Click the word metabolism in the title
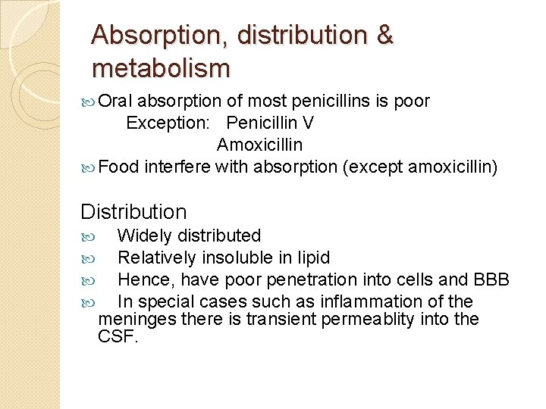(x=160, y=68)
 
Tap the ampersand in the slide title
(x=383, y=35)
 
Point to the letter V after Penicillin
(x=308, y=123)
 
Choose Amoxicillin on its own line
(x=259, y=144)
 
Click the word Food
(x=119, y=166)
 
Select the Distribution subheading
(x=133, y=212)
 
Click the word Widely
(x=143, y=236)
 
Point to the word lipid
(x=312, y=258)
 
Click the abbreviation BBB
(x=490, y=279)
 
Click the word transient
(x=282, y=319)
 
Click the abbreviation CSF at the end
(x=118, y=337)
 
